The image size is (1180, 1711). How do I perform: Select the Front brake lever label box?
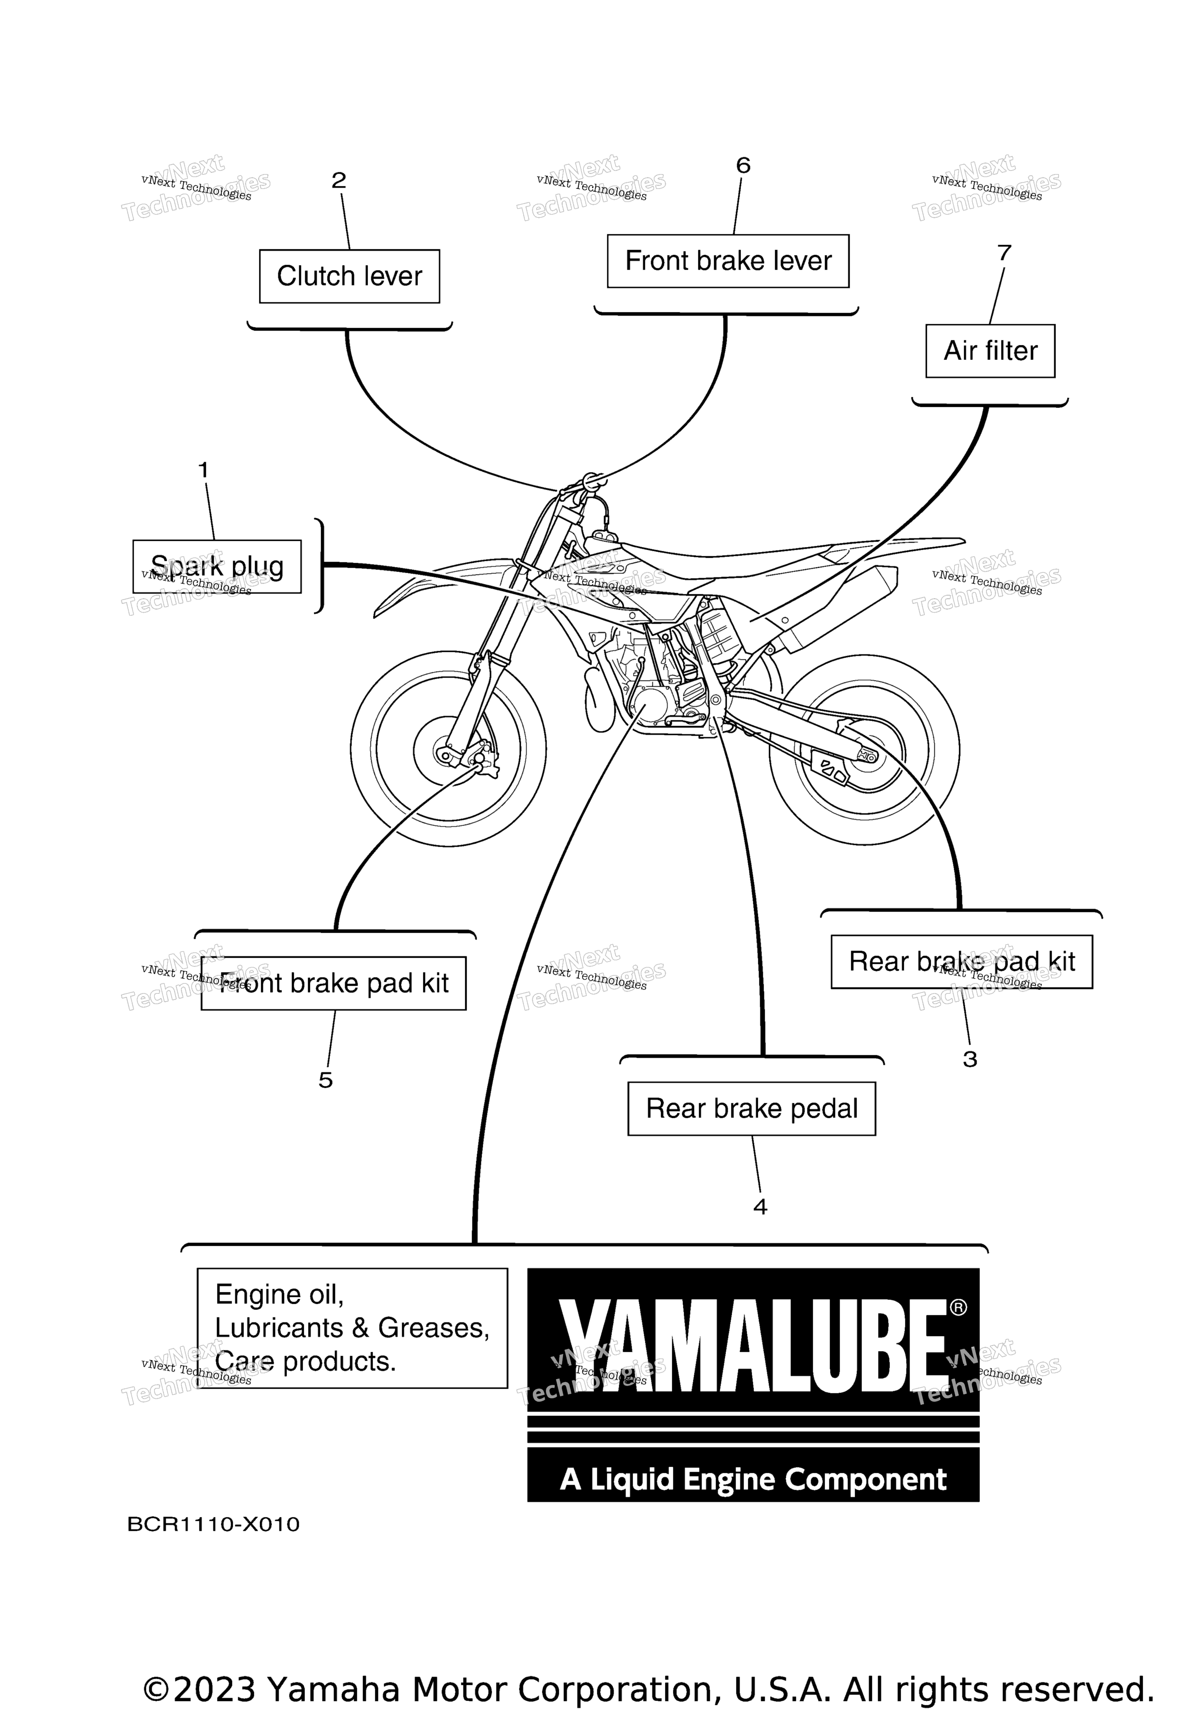click(728, 261)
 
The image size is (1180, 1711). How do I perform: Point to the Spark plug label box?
click(217, 566)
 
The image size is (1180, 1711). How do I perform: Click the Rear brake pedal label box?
click(752, 1108)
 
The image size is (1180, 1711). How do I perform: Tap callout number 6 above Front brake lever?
click(743, 165)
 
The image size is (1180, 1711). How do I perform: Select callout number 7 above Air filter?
click(1004, 253)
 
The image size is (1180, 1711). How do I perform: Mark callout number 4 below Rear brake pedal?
click(760, 1207)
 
